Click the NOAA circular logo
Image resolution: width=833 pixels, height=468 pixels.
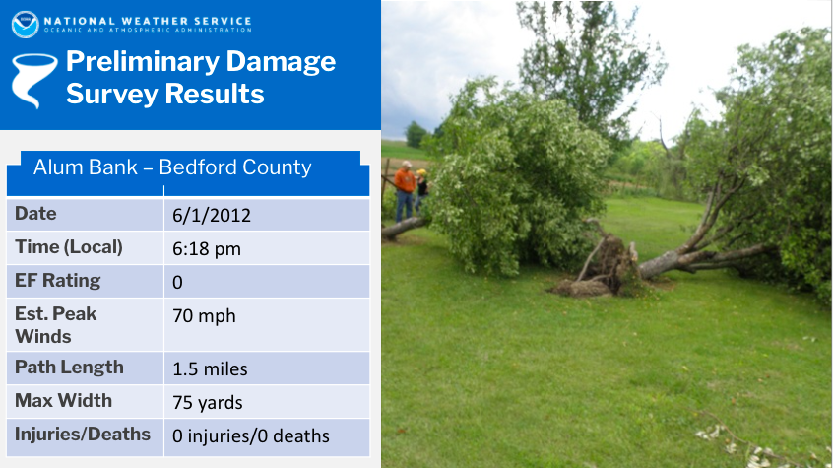[x=25, y=25]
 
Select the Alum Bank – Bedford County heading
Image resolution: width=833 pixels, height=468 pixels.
[x=172, y=167]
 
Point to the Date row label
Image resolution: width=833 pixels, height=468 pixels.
[x=35, y=213]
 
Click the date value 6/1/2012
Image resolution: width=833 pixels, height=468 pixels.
[x=212, y=215]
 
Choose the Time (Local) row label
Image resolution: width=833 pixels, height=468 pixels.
[x=69, y=247]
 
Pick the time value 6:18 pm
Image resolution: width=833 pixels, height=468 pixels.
[x=207, y=249]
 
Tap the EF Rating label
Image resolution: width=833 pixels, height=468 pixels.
[x=57, y=280]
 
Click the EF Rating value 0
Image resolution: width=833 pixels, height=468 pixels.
[x=177, y=282]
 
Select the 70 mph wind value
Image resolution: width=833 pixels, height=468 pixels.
[x=204, y=316]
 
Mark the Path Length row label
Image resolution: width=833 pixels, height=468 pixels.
[x=69, y=368]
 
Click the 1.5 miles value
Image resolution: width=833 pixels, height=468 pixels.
[x=210, y=369]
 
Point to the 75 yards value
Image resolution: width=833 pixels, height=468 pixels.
[x=207, y=403]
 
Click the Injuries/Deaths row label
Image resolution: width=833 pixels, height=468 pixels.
[x=83, y=434]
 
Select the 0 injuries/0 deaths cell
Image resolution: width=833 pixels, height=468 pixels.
[x=251, y=436]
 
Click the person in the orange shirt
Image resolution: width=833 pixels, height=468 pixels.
[x=405, y=191]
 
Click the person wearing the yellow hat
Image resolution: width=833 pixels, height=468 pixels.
[x=421, y=189]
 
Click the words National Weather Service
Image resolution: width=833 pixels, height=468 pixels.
[x=148, y=21]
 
